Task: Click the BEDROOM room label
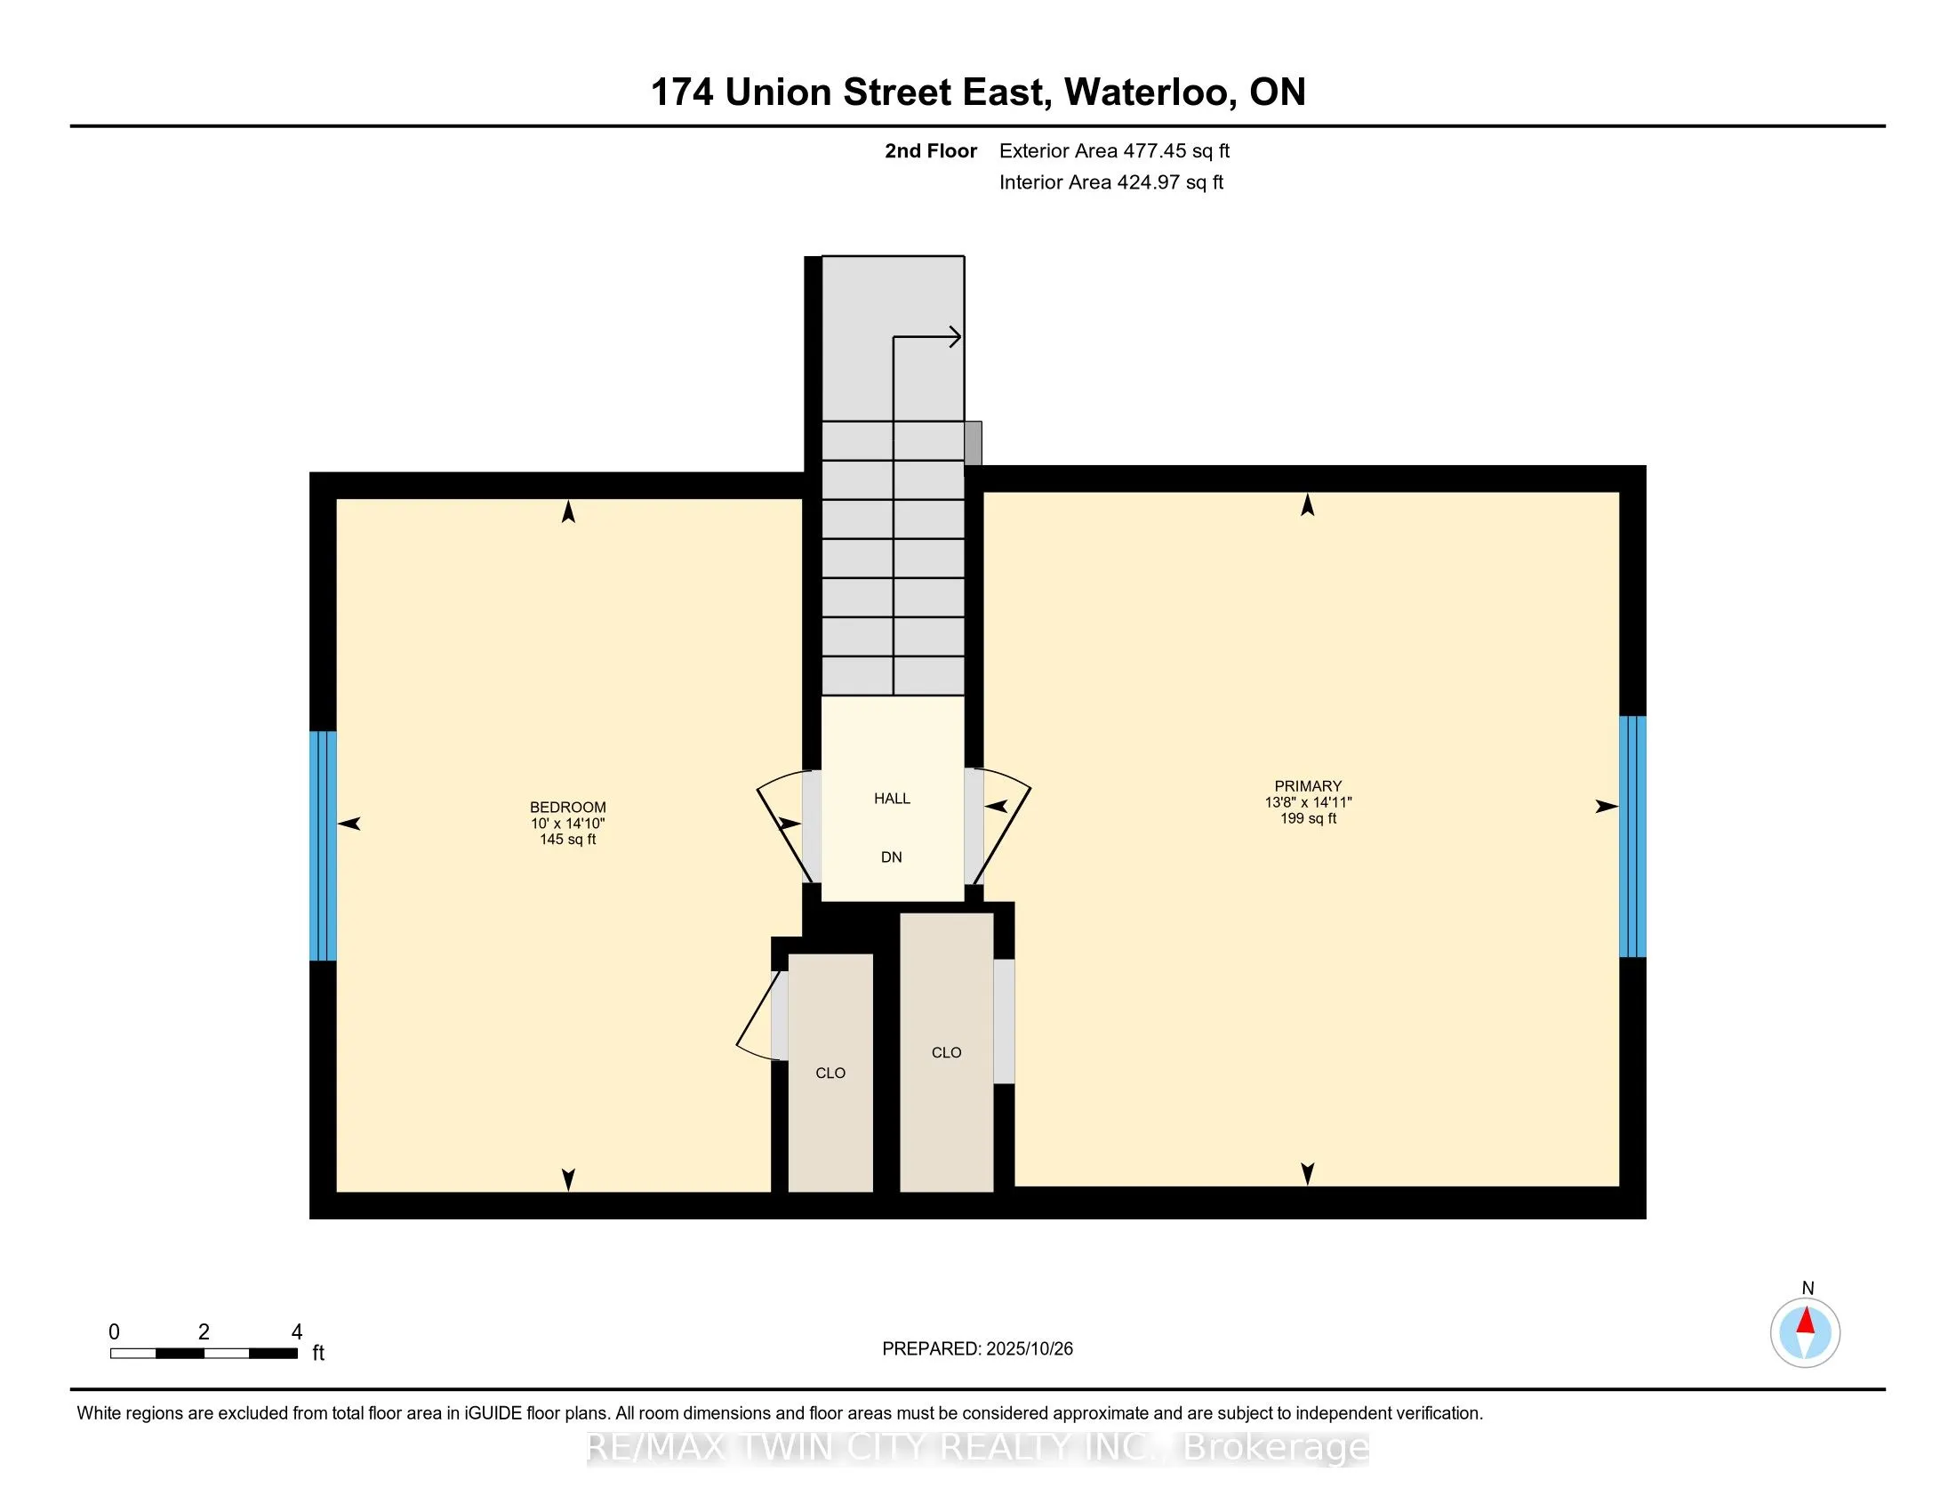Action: tap(568, 806)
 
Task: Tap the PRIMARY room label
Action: tap(1308, 785)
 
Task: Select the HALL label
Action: tap(892, 798)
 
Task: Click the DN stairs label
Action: tap(891, 857)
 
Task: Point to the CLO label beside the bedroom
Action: tap(830, 1074)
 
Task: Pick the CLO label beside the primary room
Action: tap(946, 1052)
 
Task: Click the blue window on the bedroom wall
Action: tap(324, 846)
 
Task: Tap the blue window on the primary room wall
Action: tap(1632, 836)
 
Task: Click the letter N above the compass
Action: tap(1808, 1288)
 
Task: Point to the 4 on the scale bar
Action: tap(296, 1332)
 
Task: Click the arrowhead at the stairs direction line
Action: tap(956, 338)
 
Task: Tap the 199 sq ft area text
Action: tap(1308, 818)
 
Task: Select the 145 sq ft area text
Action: tap(568, 840)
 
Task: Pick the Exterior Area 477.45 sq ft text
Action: tap(1114, 151)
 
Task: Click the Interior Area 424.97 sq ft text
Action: tap(1110, 182)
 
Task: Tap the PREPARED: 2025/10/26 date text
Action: tap(977, 1348)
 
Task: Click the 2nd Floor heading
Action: tap(931, 151)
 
